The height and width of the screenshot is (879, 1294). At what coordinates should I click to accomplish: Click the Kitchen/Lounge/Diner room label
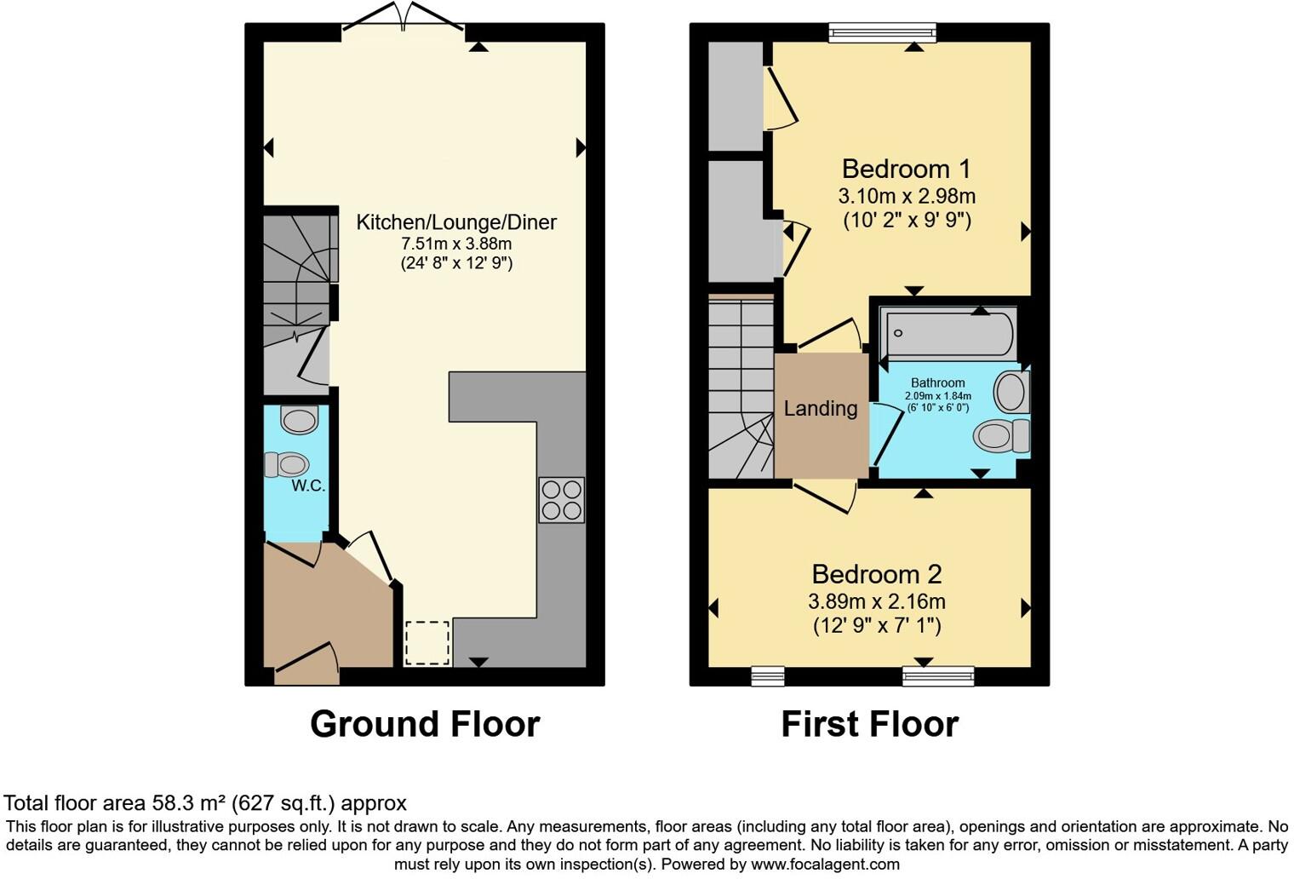point(455,222)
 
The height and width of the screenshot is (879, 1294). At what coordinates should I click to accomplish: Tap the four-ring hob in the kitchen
point(562,500)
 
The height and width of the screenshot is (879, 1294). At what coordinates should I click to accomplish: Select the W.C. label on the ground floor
point(308,485)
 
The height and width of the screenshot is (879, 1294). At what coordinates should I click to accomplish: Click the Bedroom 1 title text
point(906,169)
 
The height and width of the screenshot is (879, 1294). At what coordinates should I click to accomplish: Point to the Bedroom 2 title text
point(876,574)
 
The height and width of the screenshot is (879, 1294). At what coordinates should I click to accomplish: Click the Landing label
point(820,409)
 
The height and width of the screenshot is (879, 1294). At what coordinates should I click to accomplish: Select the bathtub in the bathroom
point(949,334)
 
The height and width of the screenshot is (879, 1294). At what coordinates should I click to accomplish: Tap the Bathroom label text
point(937,383)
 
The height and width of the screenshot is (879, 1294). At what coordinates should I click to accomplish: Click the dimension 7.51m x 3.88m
point(456,244)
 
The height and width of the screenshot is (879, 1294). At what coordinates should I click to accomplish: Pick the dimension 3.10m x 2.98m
point(907,196)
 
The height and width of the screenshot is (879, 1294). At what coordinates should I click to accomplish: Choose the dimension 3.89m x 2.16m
point(877,601)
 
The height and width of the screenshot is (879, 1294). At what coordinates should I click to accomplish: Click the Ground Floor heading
point(425,724)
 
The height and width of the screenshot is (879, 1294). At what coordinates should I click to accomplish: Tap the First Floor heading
point(869,724)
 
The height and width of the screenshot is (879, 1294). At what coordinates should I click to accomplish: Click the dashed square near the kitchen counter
point(427,643)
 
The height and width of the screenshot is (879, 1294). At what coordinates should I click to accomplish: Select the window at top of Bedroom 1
point(882,32)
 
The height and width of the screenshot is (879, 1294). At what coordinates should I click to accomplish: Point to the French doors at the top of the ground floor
point(404,21)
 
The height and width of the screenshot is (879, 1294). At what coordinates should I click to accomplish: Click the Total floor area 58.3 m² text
point(205,802)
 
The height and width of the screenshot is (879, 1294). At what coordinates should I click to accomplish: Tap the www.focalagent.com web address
point(824,864)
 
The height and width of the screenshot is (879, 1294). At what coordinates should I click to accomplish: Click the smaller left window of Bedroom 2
point(767,676)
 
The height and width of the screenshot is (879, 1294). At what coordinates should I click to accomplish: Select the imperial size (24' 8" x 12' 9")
point(456,263)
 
